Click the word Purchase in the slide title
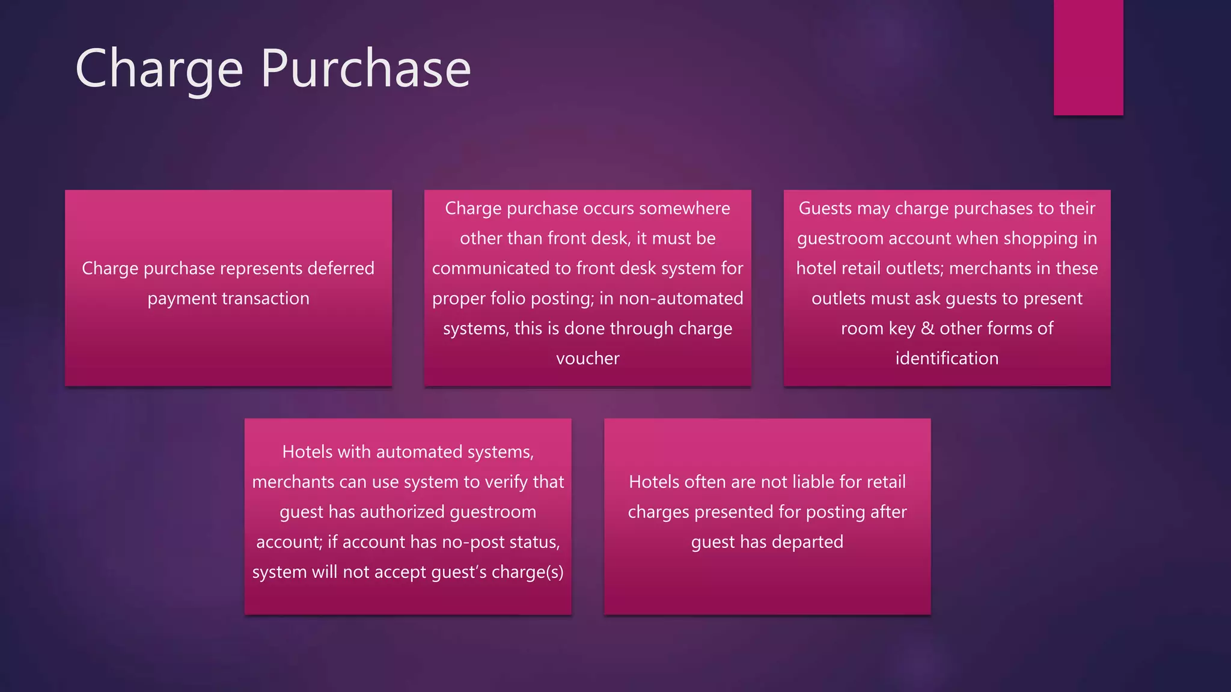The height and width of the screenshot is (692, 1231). pyautogui.click(x=365, y=69)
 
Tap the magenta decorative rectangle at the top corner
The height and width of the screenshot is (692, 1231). pyautogui.click(x=1088, y=57)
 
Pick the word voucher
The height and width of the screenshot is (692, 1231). pyautogui.click(x=587, y=359)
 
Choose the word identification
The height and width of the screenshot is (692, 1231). pyautogui.click(x=947, y=359)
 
